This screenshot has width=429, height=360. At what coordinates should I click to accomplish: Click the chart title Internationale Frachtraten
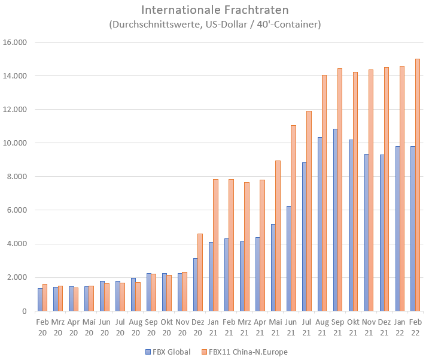(x=215, y=10)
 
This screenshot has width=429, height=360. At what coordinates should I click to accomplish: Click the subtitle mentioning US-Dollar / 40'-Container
(x=215, y=25)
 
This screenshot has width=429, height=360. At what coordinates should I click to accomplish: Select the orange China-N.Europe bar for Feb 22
(x=418, y=185)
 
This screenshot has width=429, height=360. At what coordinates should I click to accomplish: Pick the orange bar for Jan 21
(x=215, y=245)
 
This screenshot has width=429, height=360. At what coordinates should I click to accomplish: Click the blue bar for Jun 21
(x=289, y=258)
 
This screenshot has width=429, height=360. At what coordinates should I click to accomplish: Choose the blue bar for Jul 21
(x=305, y=237)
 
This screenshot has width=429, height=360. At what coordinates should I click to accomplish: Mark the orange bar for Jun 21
(x=293, y=218)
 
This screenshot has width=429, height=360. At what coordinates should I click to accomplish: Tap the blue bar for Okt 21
(x=351, y=225)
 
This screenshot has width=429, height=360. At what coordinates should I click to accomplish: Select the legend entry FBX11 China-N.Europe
(x=246, y=352)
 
